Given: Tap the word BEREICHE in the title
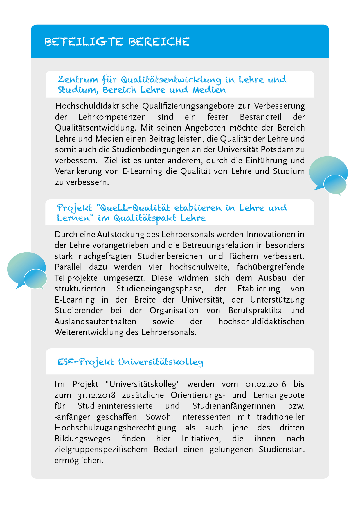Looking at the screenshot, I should pos(159,42).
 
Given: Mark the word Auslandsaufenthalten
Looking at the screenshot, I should pos(95,322).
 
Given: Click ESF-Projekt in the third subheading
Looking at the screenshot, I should pos(86,362).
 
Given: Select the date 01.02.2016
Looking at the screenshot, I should pos(266,384).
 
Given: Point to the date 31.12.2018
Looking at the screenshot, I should pos(97,395).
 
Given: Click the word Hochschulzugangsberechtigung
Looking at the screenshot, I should pos(115,428).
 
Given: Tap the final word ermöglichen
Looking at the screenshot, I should pos(79,461).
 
